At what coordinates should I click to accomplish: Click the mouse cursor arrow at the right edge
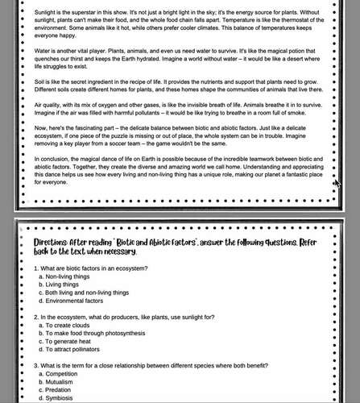(337, 184)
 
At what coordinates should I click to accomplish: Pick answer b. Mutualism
(61, 383)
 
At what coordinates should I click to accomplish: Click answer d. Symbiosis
(61, 399)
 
